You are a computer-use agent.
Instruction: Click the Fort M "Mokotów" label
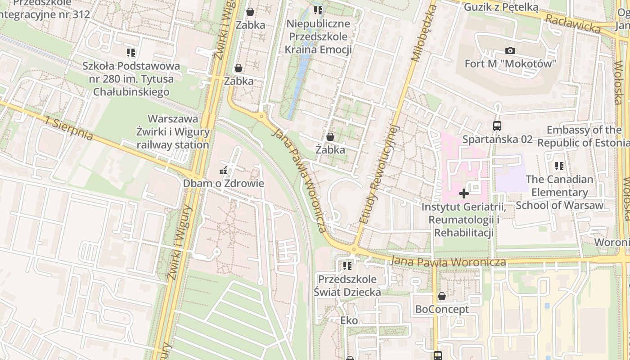click(x=510, y=63)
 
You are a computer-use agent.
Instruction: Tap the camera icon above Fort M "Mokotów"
click(x=510, y=50)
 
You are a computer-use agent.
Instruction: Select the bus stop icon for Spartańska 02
click(x=497, y=126)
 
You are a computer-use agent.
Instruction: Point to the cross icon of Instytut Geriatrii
click(x=464, y=193)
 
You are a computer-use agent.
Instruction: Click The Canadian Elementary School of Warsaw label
click(x=559, y=192)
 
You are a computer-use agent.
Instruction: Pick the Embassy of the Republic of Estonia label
click(x=584, y=136)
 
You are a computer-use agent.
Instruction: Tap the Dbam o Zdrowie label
click(x=223, y=184)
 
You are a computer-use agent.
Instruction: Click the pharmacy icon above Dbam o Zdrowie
click(x=223, y=171)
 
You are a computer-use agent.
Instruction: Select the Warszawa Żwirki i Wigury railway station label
click(x=173, y=132)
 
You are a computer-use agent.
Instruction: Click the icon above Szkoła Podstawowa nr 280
click(x=131, y=53)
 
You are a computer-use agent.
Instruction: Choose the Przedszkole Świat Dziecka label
click(x=347, y=285)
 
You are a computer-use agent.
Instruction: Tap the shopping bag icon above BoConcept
click(x=442, y=296)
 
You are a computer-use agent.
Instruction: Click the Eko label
click(x=349, y=320)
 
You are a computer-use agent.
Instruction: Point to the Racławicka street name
click(x=572, y=23)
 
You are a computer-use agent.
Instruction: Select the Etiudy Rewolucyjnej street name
click(x=380, y=174)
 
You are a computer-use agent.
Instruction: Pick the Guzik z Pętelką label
click(x=501, y=7)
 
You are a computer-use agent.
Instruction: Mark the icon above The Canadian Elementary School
click(x=559, y=166)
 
